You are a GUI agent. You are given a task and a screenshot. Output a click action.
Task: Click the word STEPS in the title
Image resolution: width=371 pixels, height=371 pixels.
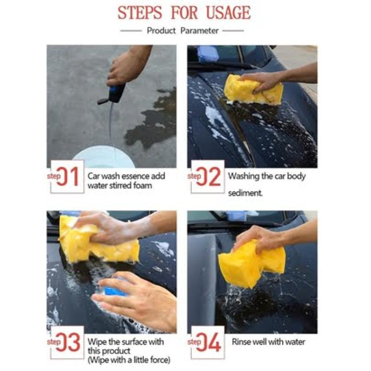pos(140,13)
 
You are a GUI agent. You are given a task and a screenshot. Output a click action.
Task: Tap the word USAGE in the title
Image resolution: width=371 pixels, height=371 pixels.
pos(228,13)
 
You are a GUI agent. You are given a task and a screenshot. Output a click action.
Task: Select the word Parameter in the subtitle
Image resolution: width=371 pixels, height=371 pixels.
pos(200,31)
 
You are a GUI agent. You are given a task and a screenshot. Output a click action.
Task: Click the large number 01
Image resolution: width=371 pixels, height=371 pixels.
pos(68,176)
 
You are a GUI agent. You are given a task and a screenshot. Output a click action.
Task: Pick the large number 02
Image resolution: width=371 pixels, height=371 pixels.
pos(208,176)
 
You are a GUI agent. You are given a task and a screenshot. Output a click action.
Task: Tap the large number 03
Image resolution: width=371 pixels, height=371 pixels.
pos(68,342)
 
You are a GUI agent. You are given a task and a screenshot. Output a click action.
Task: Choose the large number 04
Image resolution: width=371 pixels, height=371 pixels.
pos(208,342)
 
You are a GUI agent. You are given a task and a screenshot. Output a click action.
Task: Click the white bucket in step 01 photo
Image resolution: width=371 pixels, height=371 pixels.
pos(103,157)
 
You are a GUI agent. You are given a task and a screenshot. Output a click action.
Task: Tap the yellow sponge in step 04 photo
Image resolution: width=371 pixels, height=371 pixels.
pos(252,263)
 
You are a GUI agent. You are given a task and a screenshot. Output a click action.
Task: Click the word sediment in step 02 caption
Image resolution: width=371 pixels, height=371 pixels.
pos(245,193)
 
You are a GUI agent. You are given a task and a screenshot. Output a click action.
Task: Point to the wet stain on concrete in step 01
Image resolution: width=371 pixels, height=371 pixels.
pos(151,118)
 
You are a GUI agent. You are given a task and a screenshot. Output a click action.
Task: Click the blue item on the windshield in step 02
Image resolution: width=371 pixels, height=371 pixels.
pos(208,53)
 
